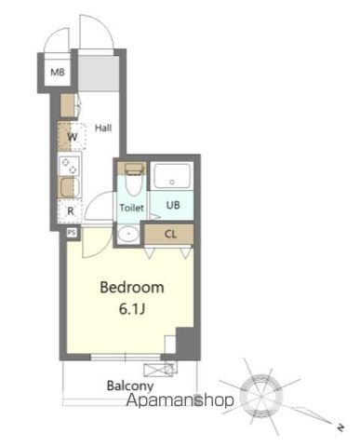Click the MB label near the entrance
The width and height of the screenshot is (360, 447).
57,72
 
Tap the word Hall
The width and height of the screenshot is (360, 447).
103,128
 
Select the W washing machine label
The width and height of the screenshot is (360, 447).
72,137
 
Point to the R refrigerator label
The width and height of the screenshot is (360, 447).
71,210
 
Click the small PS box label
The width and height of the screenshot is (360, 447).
71,232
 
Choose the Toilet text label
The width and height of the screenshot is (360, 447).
131,208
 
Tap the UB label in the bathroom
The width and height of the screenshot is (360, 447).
173,205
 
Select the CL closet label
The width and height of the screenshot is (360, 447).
172,234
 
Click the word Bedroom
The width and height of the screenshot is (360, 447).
132,288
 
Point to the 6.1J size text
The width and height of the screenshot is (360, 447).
132,308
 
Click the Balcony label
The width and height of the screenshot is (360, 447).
129,384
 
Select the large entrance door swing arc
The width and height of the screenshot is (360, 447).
96,33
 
